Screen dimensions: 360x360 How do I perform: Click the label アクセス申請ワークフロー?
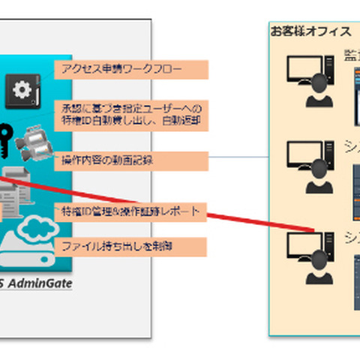point(121,70)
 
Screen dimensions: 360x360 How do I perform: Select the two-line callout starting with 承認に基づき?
point(132,114)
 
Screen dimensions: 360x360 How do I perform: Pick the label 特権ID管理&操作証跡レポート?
point(130,211)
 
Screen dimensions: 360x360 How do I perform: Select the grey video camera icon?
point(36,140)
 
